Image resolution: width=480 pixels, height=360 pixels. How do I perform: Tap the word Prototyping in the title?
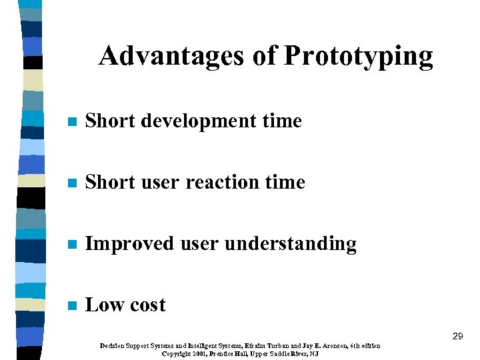coord(358,57)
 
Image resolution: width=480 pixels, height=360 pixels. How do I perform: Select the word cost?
coord(147,305)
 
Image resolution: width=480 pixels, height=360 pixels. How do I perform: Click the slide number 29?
coord(457,337)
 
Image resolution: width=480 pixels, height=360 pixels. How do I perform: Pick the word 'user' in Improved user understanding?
coord(199,244)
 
